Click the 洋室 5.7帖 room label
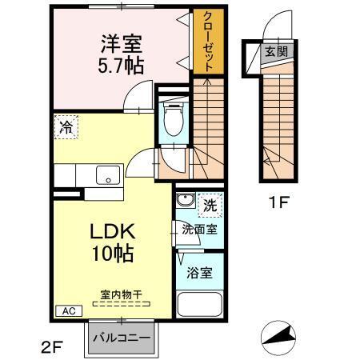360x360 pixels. (x=122, y=54)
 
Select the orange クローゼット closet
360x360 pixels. (x=207, y=42)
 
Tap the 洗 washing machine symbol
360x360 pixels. (x=212, y=204)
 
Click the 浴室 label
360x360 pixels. (x=200, y=272)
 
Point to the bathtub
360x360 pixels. (x=199, y=305)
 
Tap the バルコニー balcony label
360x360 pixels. (x=121, y=337)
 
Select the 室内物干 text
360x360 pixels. (x=120, y=294)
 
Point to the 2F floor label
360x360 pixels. (x=50, y=346)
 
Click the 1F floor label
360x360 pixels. (x=277, y=202)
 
